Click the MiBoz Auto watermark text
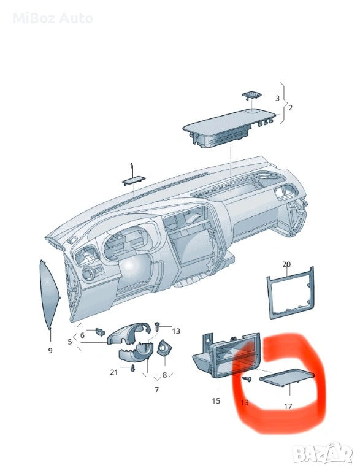tap(53, 18)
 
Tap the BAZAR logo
tap(323, 456)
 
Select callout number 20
tap(286, 264)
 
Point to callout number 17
tap(288, 406)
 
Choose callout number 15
tap(216, 400)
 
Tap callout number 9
tap(50, 350)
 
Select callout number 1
tap(131, 166)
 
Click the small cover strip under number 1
tap(134, 181)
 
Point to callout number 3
tap(277, 98)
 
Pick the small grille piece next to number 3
tap(251, 94)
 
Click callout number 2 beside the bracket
tap(290, 107)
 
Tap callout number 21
tap(113, 372)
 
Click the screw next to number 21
tap(132, 368)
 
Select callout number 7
tap(156, 390)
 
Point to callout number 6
tap(82, 335)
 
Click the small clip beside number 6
tap(99, 332)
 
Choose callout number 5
tap(70, 342)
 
